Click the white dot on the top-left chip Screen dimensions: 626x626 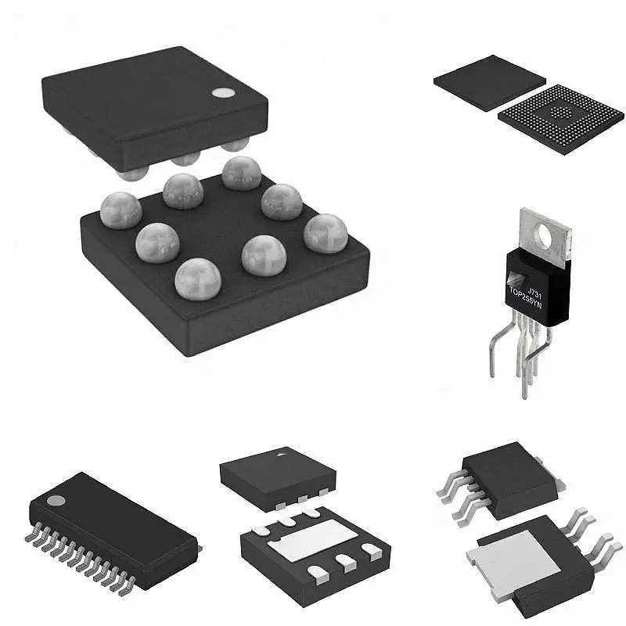coord(223,92)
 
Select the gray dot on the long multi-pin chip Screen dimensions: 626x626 coord(56,499)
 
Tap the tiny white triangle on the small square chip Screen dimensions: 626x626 coord(279,452)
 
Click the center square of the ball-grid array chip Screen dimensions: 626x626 coord(561,113)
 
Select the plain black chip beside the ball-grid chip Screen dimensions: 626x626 coord(489,81)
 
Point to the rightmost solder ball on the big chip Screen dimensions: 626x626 coord(326,232)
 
